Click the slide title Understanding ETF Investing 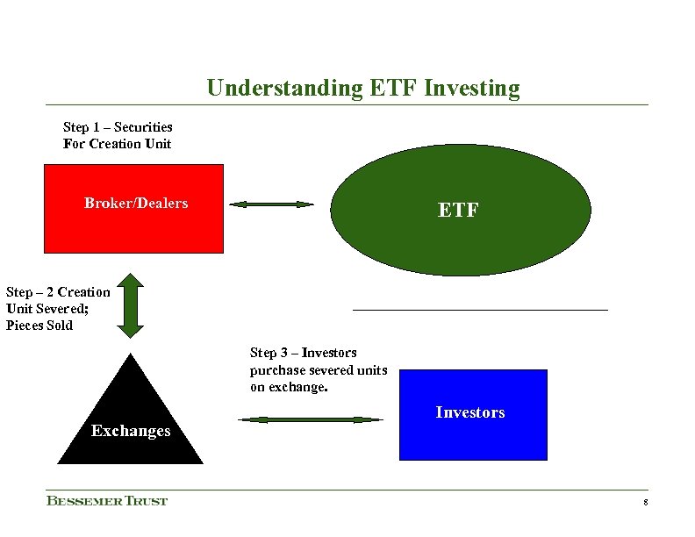(x=362, y=89)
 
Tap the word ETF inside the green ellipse (x=458, y=211)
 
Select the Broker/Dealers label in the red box (x=136, y=204)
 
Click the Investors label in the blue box (x=470, y=412)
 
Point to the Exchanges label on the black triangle (x=131, y=431)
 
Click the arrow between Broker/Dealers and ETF (x=271, y=204)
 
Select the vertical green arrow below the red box (x=130, y=305)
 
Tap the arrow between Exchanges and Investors (x=311, y=420)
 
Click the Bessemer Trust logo (x=107, y=501)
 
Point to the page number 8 (x=645, y=503)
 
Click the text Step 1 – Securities (x=118, y=127)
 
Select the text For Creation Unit (x=117, y=144)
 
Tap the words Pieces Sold (x=39, y=326)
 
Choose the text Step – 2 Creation (x=58, y=292)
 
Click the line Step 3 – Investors (x=304, y=353)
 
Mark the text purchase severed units (x=319, y=369)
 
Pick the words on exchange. (x=289, y=387)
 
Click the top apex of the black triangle (x=131, y=355)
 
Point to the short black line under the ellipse (x=480, y=310)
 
